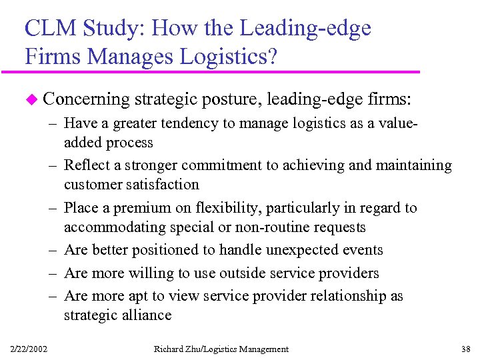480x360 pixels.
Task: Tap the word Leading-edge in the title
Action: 305,29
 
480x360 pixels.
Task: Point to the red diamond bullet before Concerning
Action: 29,99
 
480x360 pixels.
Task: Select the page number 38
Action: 465,349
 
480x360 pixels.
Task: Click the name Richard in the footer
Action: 169,349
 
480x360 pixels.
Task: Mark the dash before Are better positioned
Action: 53,250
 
